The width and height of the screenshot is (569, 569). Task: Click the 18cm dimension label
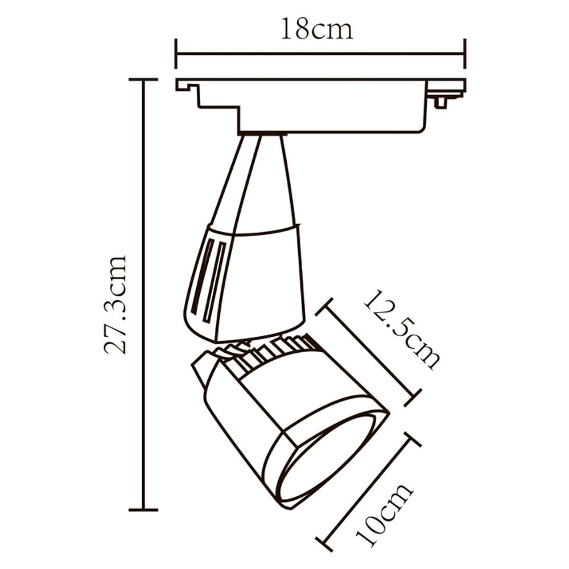click(x=316, y=29)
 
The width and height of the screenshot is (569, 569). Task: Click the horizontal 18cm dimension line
click(x=320, y=54)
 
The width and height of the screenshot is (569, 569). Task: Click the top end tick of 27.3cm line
click(x=143, y=80)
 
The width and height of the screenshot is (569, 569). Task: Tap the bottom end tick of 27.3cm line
click(x=143, y=509)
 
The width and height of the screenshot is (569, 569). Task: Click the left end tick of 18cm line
click(x=176, y=54)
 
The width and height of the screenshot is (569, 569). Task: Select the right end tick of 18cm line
click(x=465, y=54)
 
